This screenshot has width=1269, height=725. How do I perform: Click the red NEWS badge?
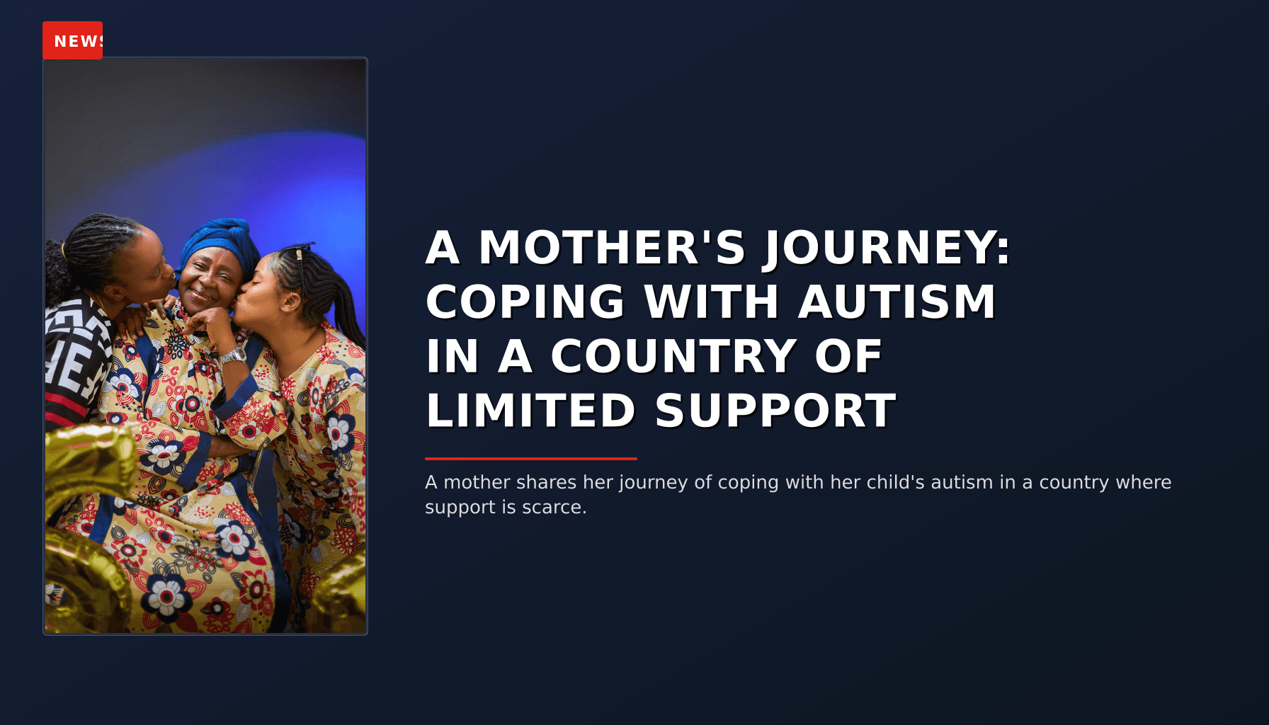tap(73, 40)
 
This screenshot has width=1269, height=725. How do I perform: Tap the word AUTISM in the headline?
tap(897, 302)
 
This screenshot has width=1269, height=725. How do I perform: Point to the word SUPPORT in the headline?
tap(775, 411)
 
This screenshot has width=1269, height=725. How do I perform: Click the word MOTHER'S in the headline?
tap(613, 248)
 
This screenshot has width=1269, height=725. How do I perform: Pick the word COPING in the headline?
tap(525, 302)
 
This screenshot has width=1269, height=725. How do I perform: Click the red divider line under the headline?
tap(530, 459)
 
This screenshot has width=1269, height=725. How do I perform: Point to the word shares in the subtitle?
tap(546, 482)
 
